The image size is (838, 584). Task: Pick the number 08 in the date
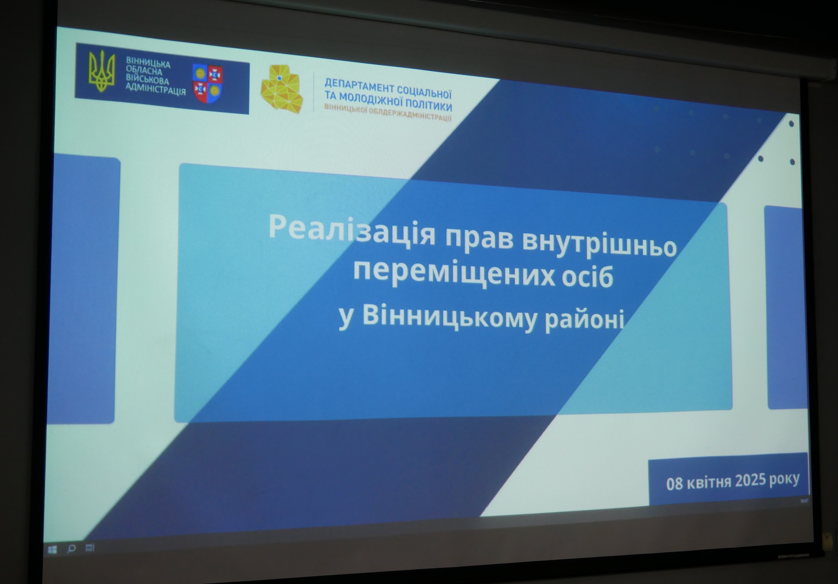click(674, 484)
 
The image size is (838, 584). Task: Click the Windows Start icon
click(52, 549)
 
